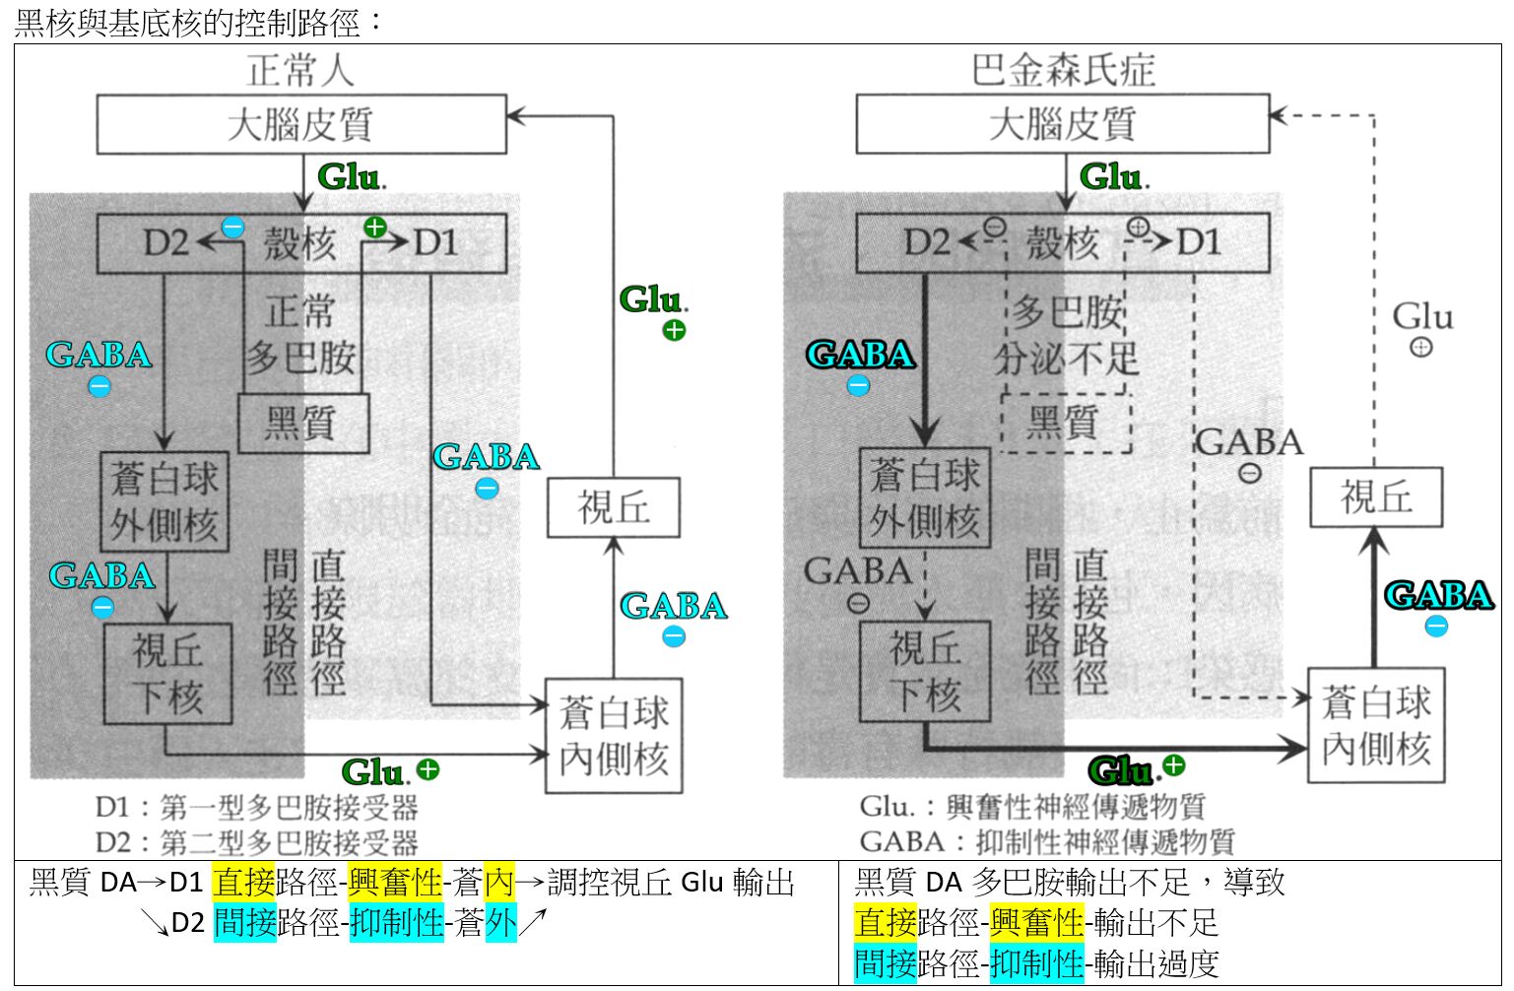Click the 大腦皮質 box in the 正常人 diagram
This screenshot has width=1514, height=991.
[300, 124]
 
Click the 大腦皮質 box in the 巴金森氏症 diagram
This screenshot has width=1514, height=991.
[1062, 124]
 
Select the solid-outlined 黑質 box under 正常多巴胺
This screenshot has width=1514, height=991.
[303, 424]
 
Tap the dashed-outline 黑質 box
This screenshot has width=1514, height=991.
[1065, 423]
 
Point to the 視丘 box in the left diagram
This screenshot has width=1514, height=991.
[613, 507]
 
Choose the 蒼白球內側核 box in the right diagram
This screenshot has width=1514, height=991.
[1375, 725]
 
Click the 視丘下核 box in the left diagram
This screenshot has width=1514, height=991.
[167, 674]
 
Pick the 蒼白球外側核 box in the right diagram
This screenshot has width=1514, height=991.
[924, 498]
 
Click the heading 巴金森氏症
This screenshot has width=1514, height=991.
[1062, 70]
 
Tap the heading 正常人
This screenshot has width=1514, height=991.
[299, 70]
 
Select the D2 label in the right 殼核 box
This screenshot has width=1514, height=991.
[927, 242]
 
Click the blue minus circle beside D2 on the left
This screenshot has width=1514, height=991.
[232, 228]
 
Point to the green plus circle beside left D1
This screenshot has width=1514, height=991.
[375, 228]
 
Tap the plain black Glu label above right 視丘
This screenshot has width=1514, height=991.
[1421, 317]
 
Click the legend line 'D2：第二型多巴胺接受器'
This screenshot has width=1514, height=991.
[256, 842]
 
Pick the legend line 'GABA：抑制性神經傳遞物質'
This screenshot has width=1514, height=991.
[1046, 842]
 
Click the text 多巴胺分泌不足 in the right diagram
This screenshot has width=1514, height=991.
[1067, 336]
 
